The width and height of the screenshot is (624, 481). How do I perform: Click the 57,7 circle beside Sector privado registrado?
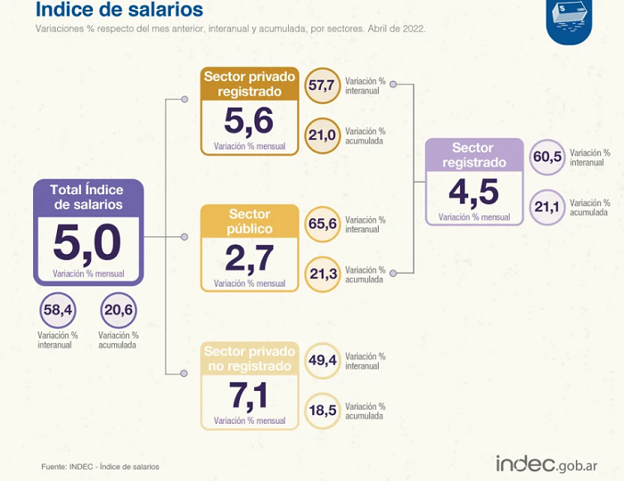point(323,86)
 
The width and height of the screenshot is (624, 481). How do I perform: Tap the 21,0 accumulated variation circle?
point(323,135)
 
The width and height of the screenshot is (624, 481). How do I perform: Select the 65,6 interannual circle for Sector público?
point(323,224)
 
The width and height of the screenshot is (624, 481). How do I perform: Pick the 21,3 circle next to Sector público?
point(323,274)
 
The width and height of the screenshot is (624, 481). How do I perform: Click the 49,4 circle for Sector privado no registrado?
point(323,361)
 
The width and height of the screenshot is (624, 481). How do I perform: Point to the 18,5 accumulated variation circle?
point(323,411)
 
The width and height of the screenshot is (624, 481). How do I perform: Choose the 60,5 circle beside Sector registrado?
point(547,157)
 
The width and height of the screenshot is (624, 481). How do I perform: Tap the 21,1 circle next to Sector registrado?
point(547,208)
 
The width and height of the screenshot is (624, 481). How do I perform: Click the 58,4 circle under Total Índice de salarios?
point(58,310)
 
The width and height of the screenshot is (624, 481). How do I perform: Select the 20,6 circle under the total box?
point(119,310)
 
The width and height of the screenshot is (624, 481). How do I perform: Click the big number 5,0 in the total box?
point(87,243)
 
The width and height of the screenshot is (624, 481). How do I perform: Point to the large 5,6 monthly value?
point(249,121)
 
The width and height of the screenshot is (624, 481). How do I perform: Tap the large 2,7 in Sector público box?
point(249,259)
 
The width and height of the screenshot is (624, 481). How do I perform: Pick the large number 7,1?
point(249,395)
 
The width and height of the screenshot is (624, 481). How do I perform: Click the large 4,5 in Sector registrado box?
point(473,192)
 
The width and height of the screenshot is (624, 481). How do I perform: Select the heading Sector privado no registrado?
point(250,359)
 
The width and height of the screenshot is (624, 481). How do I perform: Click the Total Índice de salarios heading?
point(88,197)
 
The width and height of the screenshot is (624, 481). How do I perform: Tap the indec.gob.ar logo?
point(546,463)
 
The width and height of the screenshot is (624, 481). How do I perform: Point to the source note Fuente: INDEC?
point(100,467)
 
